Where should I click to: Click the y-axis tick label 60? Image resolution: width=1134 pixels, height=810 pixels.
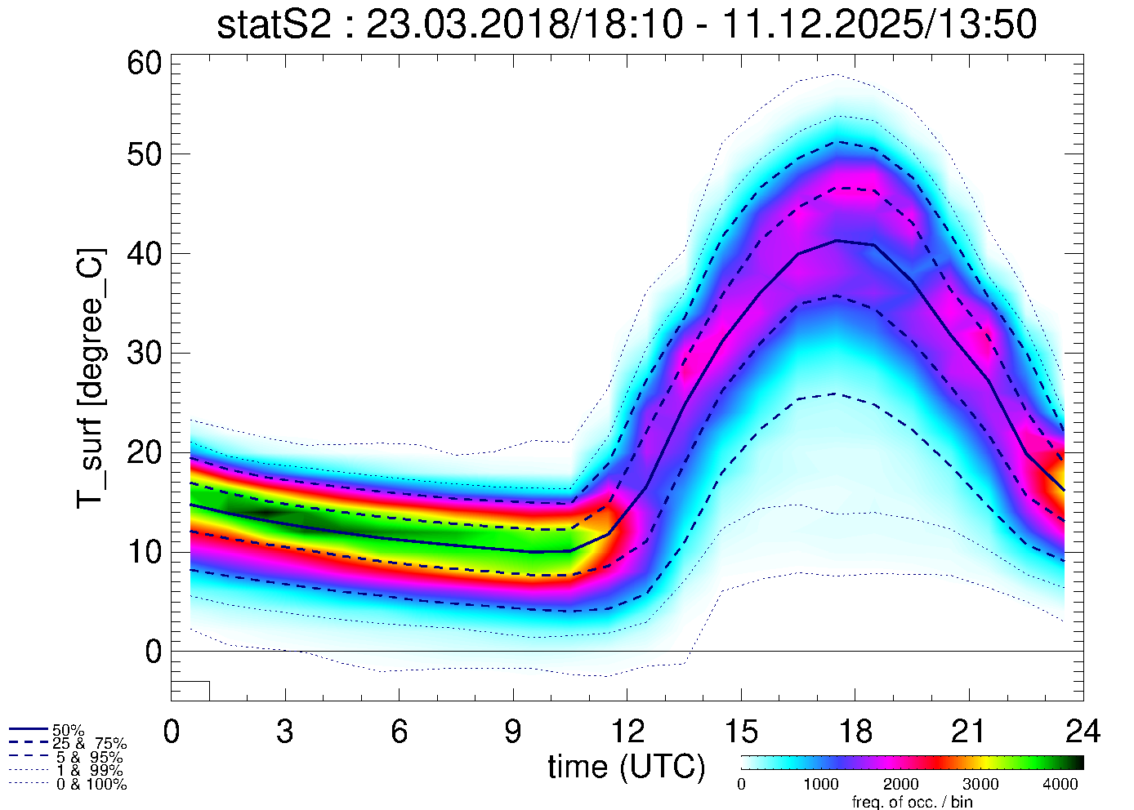[x=144, y=63]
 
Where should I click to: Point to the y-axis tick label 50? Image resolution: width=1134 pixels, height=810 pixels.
[x=144, y=154]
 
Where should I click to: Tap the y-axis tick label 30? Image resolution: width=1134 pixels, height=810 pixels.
[x=144, y=354]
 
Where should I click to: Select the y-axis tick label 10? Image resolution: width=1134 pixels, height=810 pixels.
[x=144, y=553]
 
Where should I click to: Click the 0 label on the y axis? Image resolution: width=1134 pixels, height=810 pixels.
[x=154, y=652]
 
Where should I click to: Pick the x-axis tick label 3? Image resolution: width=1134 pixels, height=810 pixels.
[x=284, y=732]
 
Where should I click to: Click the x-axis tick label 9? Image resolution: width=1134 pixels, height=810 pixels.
[x=512, y=732]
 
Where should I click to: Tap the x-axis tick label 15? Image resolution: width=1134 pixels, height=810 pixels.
[x=740, y=732]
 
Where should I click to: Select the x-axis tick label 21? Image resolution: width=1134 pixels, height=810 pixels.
[x=968, y=732]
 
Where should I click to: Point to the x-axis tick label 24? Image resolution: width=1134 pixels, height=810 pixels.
[x=1083, y=732]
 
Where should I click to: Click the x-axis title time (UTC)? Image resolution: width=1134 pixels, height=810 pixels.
[x=626, y=768]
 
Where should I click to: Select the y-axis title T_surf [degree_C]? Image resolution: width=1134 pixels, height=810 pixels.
[x=91, y=377]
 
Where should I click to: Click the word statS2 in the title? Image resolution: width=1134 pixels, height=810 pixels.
[x=274, y=26]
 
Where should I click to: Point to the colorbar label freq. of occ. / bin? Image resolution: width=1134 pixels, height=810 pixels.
[x=912, y=802]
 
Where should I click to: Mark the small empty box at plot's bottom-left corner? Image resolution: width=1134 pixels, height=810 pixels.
[x=190, y=691]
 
